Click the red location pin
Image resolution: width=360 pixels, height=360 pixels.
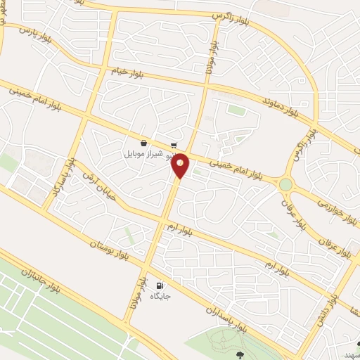pos(181,165)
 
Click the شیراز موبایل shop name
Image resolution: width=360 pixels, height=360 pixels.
pos(143,153)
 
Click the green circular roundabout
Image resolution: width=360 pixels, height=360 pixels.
pos(285,184)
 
